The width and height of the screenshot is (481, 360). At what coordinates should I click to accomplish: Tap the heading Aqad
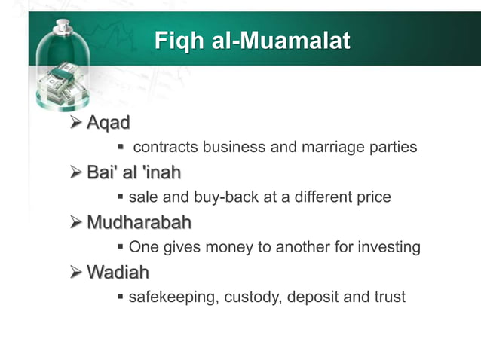[x=109, y=122]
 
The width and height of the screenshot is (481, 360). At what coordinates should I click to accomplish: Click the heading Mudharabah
[x=139, y=223]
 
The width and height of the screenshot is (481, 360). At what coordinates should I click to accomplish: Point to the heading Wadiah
[x=118, y=272]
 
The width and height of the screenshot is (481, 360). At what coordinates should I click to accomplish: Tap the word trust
[x=388, y=297]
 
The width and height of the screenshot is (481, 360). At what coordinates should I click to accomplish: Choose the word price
[x=373, y=197]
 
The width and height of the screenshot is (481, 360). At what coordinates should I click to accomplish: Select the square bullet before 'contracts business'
[x=121, y=147]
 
